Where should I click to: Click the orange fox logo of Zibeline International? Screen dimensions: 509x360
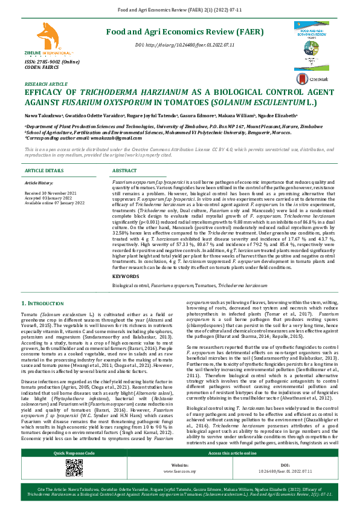coord(45,34)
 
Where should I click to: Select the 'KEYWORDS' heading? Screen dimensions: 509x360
coord(125,276)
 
